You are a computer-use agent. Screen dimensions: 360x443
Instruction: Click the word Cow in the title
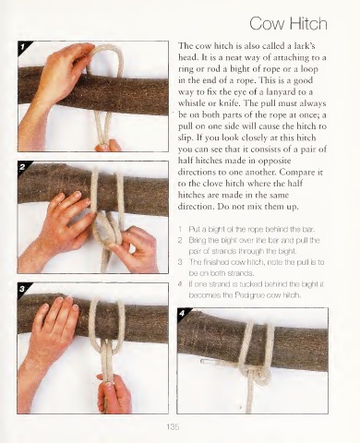(x=267, y=24)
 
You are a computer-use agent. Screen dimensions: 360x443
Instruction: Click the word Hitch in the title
(x=307, y=23)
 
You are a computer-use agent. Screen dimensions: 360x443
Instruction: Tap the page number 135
(x=173, y=426)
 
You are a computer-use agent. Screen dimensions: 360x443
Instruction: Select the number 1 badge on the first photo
(x=22, y=46)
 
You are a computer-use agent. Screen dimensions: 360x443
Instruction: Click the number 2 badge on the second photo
(x=22, y=167)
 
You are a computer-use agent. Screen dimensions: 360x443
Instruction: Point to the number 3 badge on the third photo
(x=22, y=289)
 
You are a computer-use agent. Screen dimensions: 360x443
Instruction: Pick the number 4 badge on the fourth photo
(x=182, y=314)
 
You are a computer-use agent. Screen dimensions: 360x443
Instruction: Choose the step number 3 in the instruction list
(x=180, y=262)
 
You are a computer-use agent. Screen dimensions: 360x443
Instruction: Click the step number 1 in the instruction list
(x=180, y=229)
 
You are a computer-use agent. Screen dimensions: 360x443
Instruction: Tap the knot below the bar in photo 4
(x=256, y=375)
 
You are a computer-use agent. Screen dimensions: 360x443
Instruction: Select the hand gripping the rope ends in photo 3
(x=114, y=394)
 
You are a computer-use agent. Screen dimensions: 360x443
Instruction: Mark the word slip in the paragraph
(x=186, y=138)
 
